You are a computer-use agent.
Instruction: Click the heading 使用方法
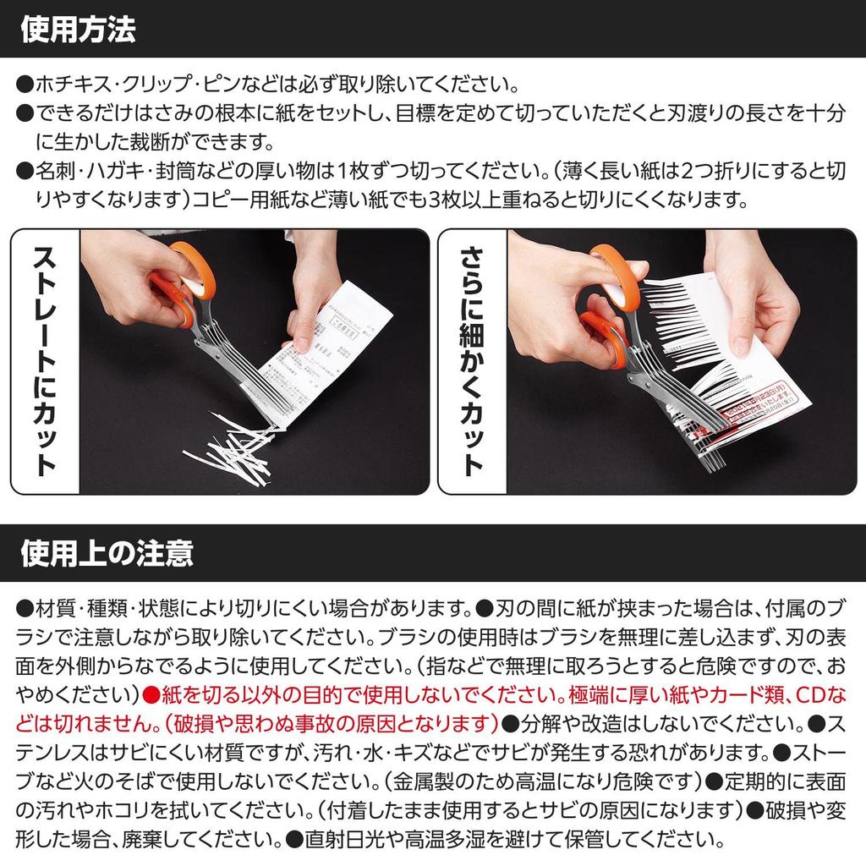[77, 30]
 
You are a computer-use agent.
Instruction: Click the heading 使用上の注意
[107, 554]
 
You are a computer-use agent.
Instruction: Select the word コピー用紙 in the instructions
[240, 200]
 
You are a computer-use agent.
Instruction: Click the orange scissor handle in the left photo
[186, 283]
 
